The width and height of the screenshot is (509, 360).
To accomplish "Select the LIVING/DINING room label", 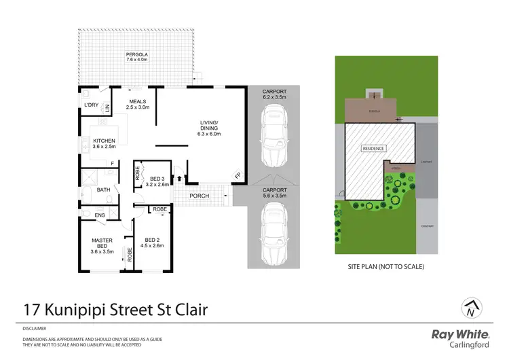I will pyautogui.click(x=210, y=128).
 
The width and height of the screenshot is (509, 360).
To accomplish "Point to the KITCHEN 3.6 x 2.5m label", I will pyautogui.click(x=105, y=143).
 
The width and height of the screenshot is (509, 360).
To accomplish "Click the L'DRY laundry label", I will pyautogui.click(x=92, y=105).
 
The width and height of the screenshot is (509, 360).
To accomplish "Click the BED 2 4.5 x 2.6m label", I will pyautogui.click(x=155, y=242).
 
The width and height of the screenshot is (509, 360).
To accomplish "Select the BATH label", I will pyautogui.click(x=104, y=190).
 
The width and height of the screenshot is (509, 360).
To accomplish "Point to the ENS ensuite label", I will pyautogui.click(x=100, y=215).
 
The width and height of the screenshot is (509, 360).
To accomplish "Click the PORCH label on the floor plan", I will pyautogui.click(x=200, y=196).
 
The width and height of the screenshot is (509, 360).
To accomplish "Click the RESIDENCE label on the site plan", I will pyautogui.click(x=373, y=148).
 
